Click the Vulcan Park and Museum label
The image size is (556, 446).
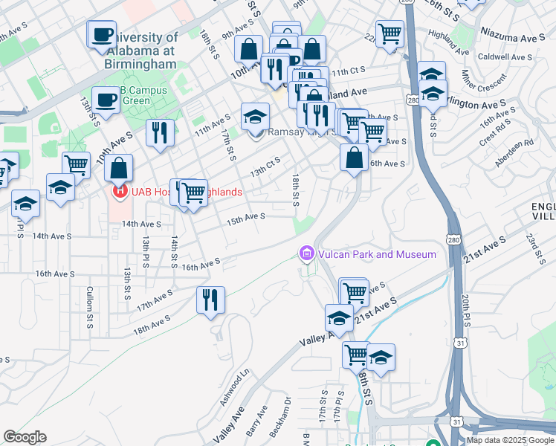coord(377,255)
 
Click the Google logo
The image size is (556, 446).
coord(25,437)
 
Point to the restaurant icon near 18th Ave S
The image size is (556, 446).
coord(210,300)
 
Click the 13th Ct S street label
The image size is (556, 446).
coord(265,167)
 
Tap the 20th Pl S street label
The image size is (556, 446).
coord(465,306)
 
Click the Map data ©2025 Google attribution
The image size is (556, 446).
coord(509,440)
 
